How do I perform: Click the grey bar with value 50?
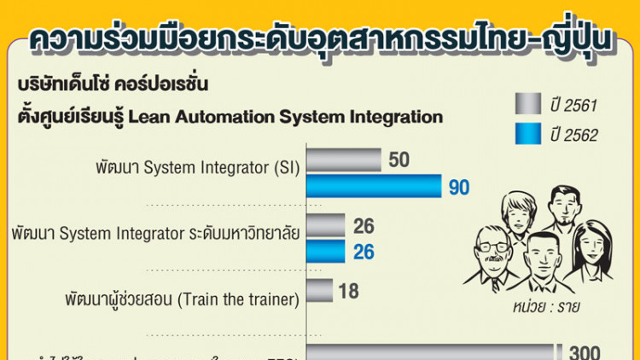343,160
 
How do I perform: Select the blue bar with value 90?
374,186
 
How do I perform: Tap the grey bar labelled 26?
325,226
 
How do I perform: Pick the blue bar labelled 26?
325,251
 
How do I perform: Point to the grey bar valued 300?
431,352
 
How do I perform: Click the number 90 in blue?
459,187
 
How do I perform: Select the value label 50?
399,160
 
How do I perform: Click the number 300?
585,351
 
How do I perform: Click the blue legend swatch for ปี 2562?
534,134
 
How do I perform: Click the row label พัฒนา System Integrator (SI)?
197,167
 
